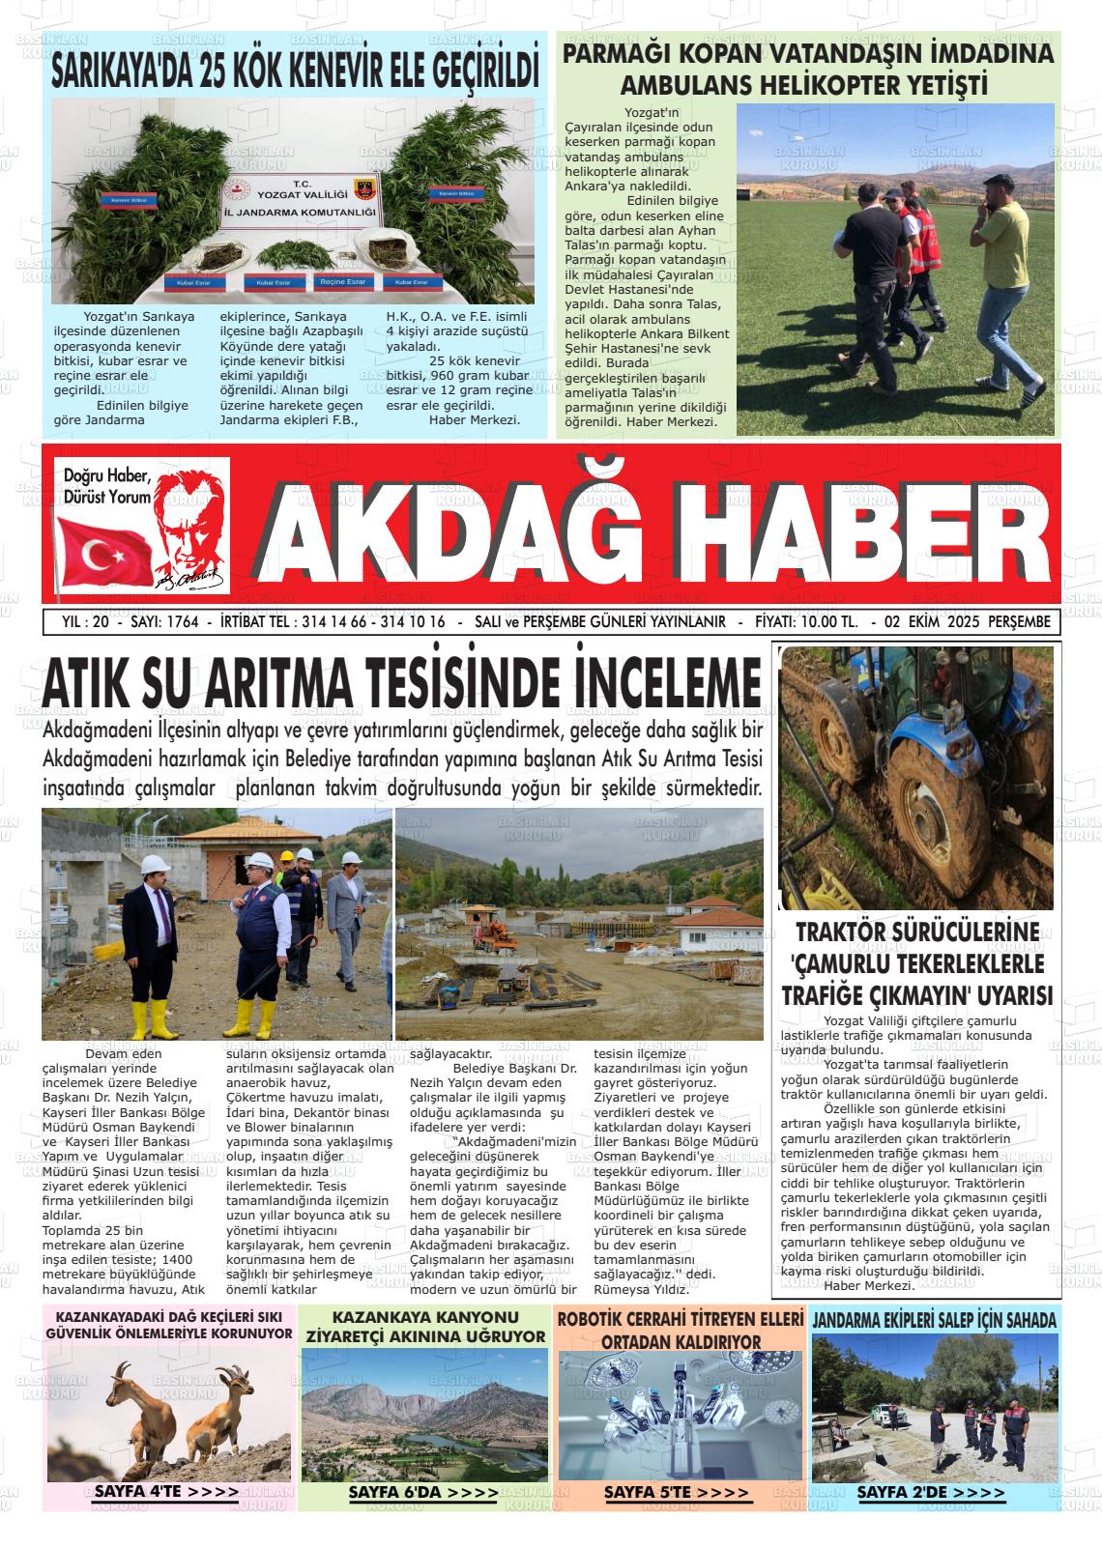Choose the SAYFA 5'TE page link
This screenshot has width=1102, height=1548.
pos(676,1493)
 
